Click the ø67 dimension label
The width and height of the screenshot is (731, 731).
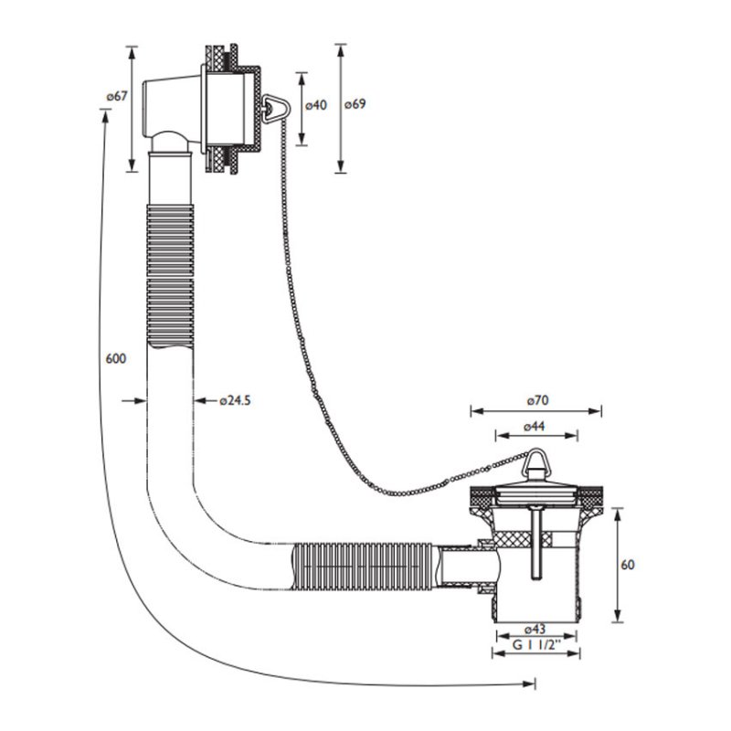click(117, 97)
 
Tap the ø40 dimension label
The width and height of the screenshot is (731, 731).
click(316, 105)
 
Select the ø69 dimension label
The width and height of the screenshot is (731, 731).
click(355, 104)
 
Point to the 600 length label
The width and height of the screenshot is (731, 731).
click(116, 358)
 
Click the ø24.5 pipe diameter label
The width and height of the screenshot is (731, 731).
click(235, 400)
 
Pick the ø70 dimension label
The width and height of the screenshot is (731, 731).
click(537, 400)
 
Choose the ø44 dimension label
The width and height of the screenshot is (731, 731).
click(534, 426)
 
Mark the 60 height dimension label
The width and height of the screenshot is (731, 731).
click(628, 565)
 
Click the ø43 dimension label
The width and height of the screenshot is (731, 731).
click(535, 629)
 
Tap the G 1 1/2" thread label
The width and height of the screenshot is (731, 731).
click(536, 645)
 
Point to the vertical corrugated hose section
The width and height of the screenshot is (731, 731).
click(170, 276)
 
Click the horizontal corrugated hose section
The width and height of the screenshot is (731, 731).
click(362, 566)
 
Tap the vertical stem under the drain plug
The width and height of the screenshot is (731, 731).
click(536, 544)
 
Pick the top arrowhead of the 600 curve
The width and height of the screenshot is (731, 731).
click(105, 117)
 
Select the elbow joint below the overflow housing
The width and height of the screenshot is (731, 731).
click(170, 141)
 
